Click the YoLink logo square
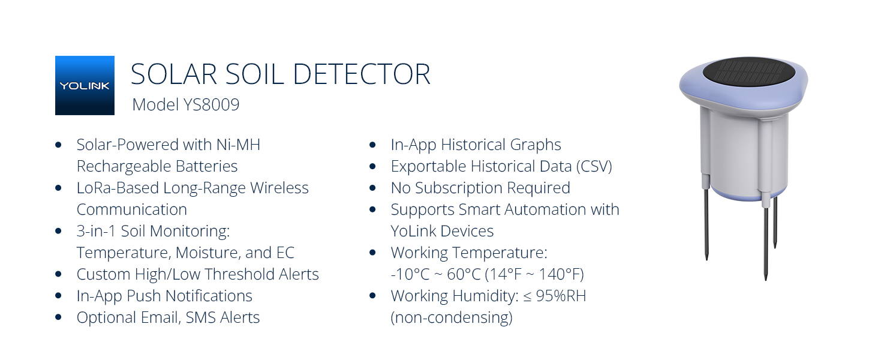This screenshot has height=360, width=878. pyautogui.click(x=85, y=85)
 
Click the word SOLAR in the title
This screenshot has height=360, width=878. pyautogui.click(x=174, y=74)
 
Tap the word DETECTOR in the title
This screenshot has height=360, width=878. pyautogui.click(x=362, y=74)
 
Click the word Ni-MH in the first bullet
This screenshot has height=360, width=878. pyautogui.click(x=238, y=145)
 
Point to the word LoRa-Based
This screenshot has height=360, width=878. pyautogui.click(x=118, y=188)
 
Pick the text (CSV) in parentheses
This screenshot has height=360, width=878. pyautogui.click(x=594, y=167)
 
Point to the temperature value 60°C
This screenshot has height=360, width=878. pyautogui.click(x=464, y=275)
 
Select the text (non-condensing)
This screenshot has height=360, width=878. pyautogui.click(x=452, y=317)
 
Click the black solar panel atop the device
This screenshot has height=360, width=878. pyautogui.click(x=748, y=73)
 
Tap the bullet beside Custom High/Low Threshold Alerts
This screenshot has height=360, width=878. pyautogui.click(x=58, y=274)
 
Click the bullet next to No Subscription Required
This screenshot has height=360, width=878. pyautogui.click(x=372, y=188)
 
